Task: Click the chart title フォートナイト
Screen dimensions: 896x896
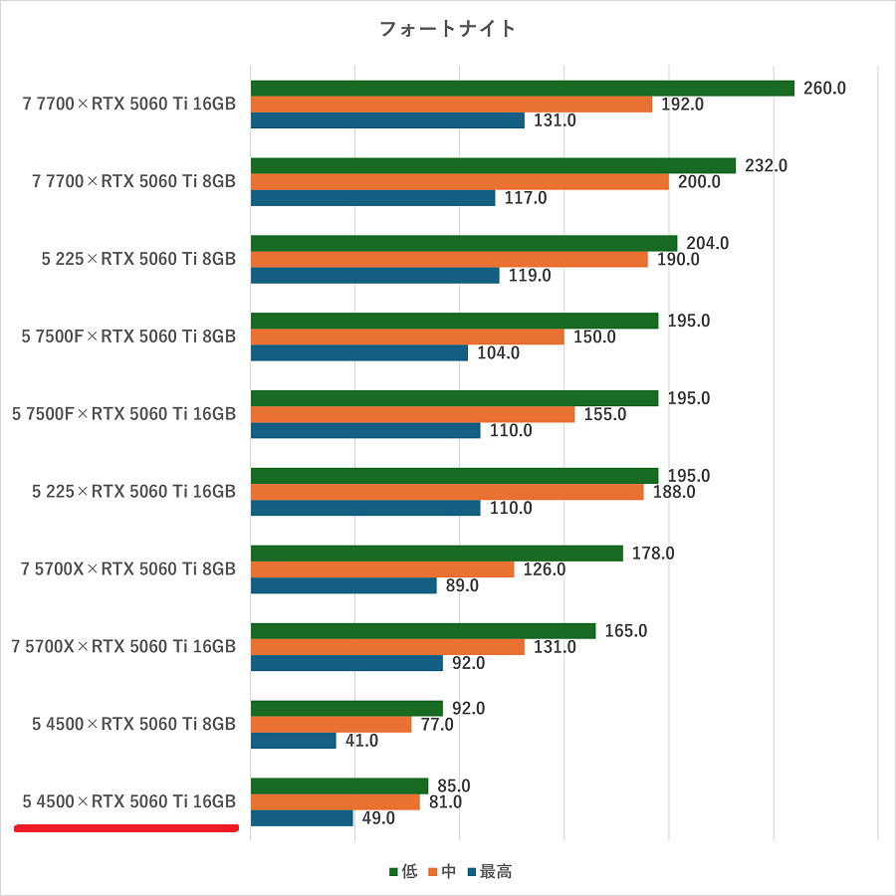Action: click(x=448, y=29)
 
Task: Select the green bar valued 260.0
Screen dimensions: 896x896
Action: click(x=522, y=88)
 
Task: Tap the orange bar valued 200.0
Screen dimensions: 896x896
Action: click(x=459, y=181)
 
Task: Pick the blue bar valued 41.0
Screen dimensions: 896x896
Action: click(x=294, y=741)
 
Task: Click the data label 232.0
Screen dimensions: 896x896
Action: click(x=766, y=165)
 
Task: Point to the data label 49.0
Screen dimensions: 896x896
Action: click(x=378, y=818)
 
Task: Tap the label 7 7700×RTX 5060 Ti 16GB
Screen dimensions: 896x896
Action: click(x=128, y=104)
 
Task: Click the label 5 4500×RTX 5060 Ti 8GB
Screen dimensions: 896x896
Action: click(x=133, y=724)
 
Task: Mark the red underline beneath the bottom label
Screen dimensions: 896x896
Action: click(x=126, y=827)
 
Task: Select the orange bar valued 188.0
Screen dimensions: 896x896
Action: click(x=447, y=492)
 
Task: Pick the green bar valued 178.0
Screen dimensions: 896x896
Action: click(x=436, y=554)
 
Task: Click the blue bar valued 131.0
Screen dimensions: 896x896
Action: click(x=387, y=120)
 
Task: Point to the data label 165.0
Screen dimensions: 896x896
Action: click(x=626, y=631)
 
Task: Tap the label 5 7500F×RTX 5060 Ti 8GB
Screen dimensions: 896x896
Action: click(x=128, y=336)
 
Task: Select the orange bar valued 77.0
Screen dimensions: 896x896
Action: click(x=331, y=725)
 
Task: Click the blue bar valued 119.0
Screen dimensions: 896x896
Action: click(x=374, y=276)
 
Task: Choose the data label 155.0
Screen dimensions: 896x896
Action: click(x=605, y=414)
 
